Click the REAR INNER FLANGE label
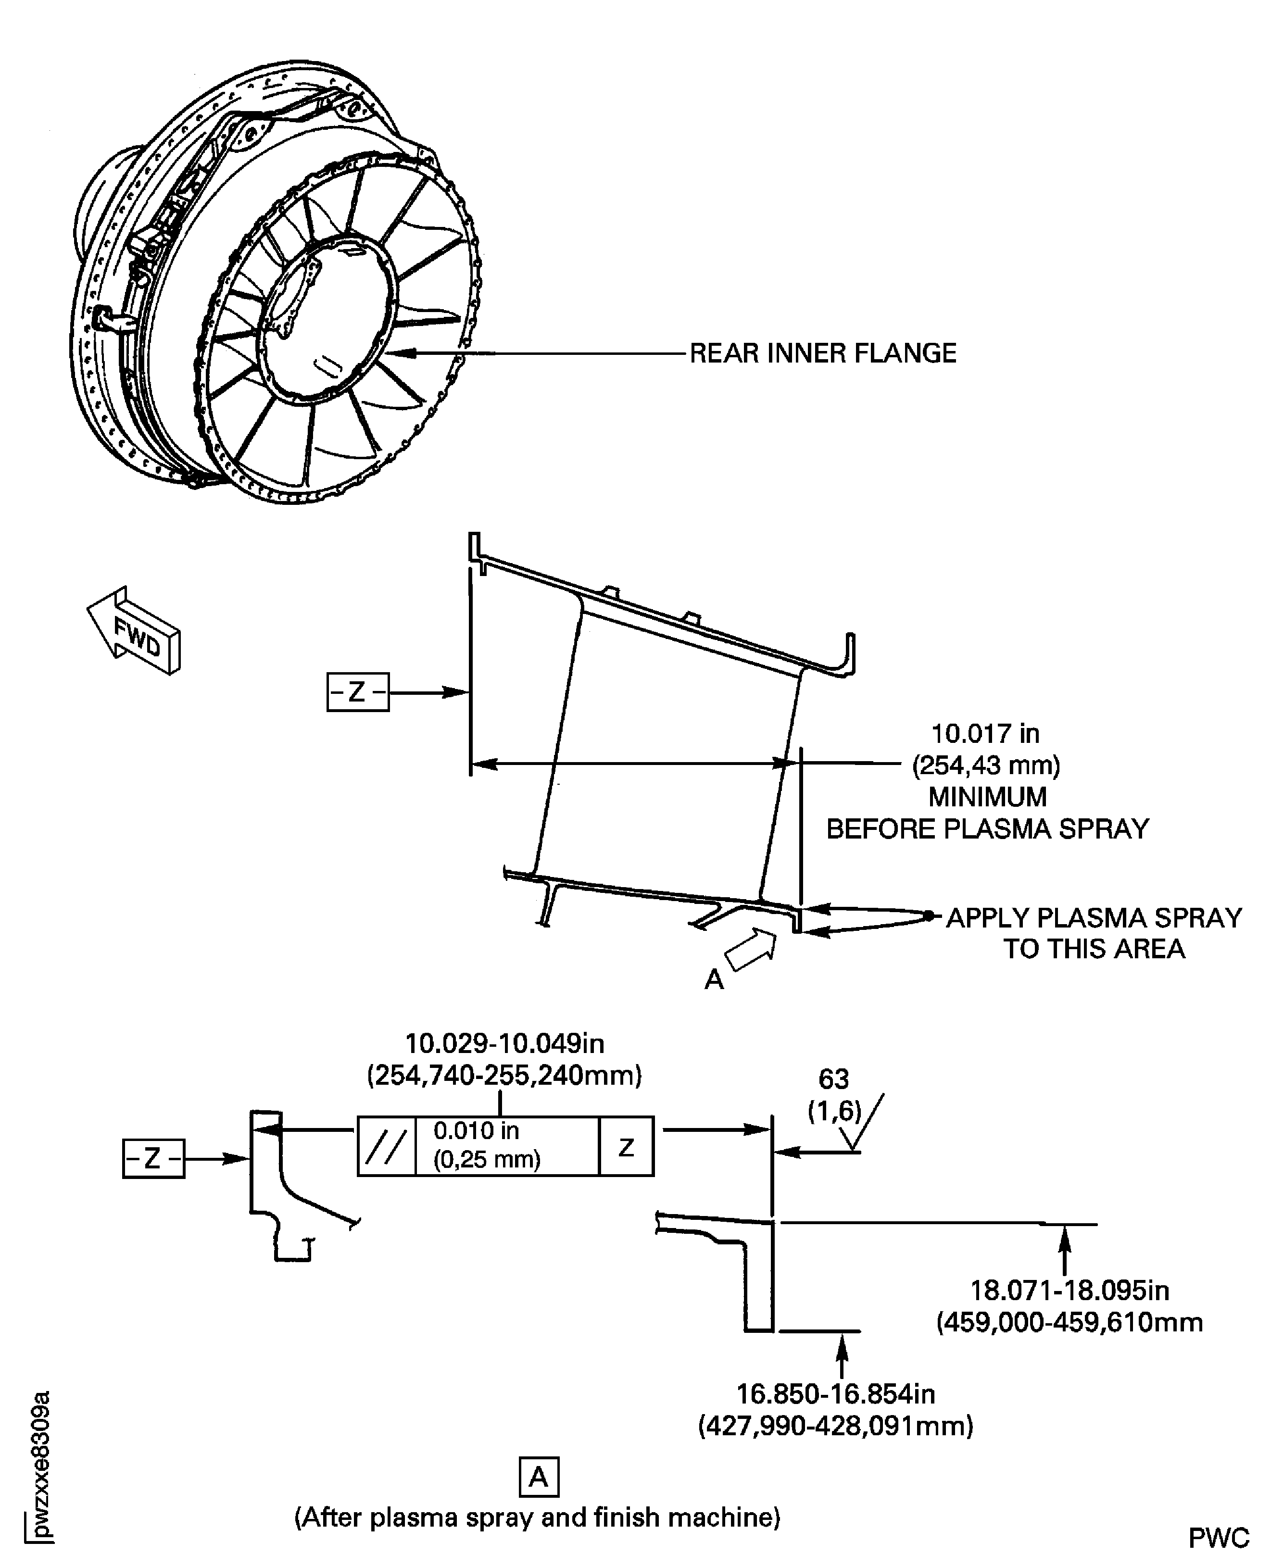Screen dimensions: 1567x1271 823,353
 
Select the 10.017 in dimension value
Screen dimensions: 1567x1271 985,733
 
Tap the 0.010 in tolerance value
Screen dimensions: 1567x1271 477,1131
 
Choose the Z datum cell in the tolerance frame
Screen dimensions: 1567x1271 626,1147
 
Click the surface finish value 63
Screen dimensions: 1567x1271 833,1079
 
